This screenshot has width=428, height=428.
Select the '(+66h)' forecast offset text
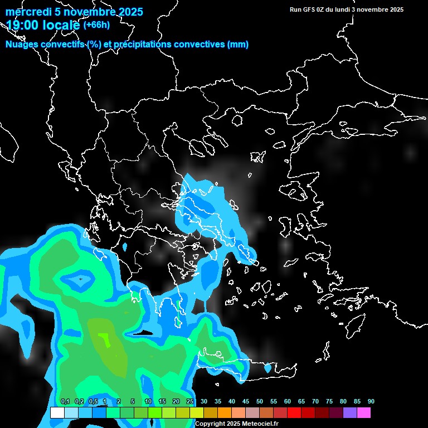coord(96,25)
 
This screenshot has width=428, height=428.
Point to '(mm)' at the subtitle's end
coord(238,45)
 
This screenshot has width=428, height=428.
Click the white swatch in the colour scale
coord(57,413)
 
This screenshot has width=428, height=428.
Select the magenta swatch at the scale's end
coord(363,413)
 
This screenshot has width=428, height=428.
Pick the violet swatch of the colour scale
coord(349,413)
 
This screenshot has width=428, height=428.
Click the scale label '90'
coord(371,401)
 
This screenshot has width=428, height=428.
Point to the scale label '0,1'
coord(65,401)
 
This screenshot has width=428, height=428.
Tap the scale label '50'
coord(259,401)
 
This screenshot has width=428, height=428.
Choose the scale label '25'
coord(189,401)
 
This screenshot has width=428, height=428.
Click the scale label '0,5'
coord(93,401)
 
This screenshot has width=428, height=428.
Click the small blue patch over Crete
coord(267,368)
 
